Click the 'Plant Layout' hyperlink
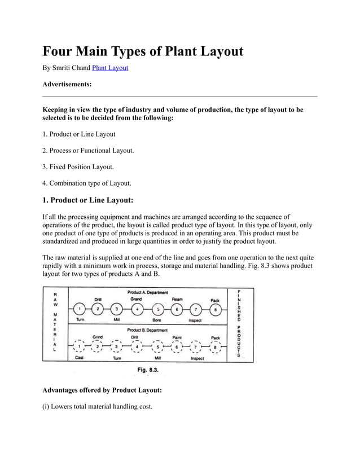pyautogui.click(x=110, y=68)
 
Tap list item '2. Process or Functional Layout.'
pyautogui.click(x=89, y=151)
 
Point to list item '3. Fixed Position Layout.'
pyautogui.click(x=78, y=167)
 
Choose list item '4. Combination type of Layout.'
pyautogui.click(x=87, y=183)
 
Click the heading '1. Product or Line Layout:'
pyautogui.click(x=88, y=200)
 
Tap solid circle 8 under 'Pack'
pyautogui.click(x=214, y=309)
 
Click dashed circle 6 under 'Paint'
pyautogui.click(x=177, y=347)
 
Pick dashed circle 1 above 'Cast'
pyautogui.click(x=80, y=347)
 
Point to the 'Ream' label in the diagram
pyautogui.click(x=177, y=299)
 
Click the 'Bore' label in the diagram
pyautogui.click(x=157, y=319)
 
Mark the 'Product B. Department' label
pyautogui.click(x=146, y=329)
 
